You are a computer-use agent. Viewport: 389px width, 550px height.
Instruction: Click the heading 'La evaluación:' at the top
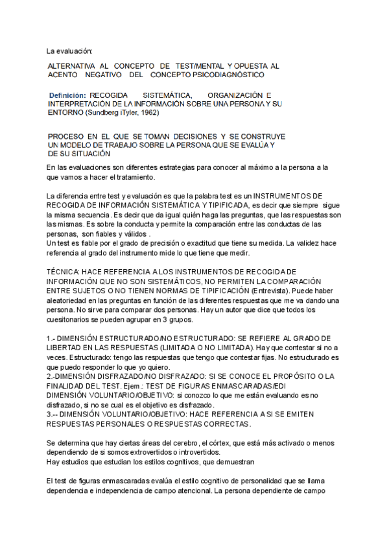pyautogui.click(x=70, y=51)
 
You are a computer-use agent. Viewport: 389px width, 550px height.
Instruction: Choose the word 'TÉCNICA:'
pyautogui.click(x=64, y=272)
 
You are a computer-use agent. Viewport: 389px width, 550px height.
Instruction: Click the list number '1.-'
pyautogui.click(x=52, y=339)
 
